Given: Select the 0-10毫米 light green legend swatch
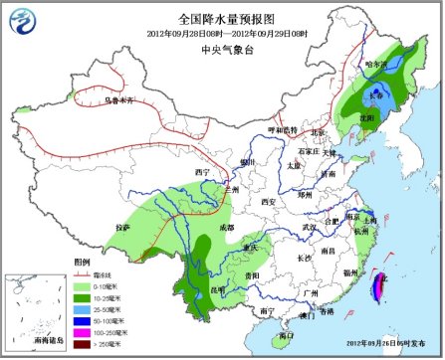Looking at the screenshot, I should pos(75,286).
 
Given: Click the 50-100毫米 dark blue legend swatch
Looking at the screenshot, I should pos(75,321).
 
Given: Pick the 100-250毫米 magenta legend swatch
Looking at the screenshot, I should pos(75,333).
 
